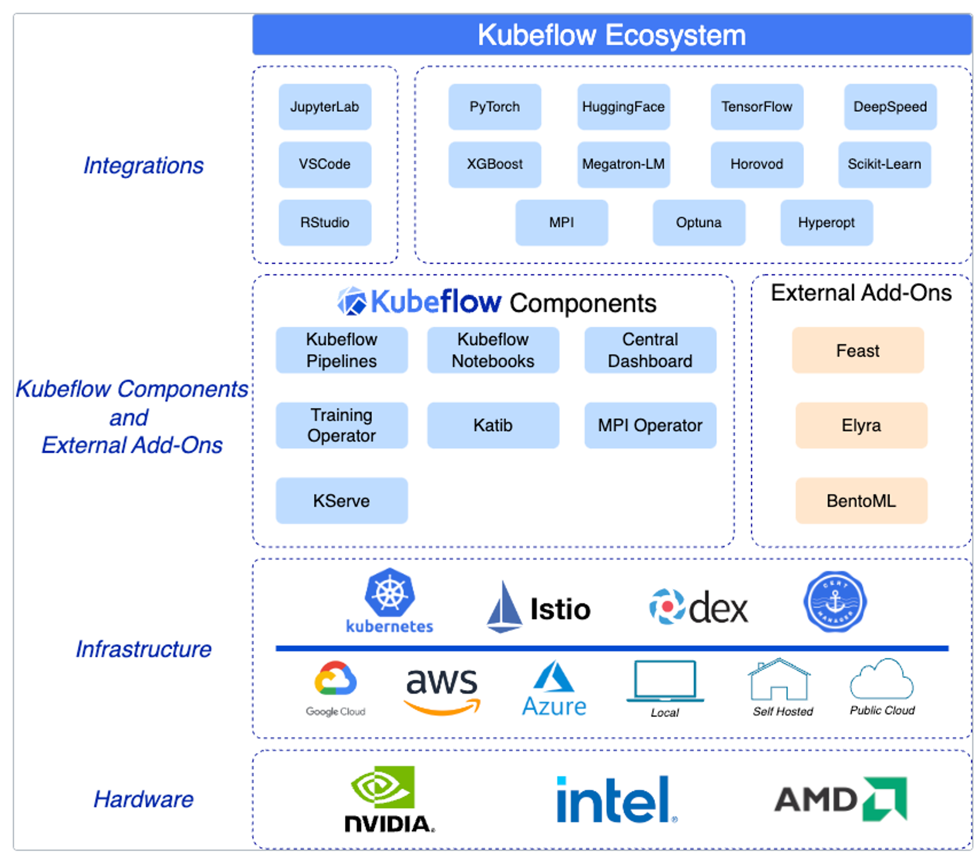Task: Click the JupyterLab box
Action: [324, 106]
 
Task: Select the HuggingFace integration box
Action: [623, 106]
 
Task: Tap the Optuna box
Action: [698, 222]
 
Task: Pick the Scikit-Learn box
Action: [884, 164]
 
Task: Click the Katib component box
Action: [492, 425]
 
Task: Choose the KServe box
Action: [342, 500]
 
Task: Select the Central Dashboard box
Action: [650, 350]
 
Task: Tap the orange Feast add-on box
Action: [857, 350]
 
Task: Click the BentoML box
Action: [861, 500]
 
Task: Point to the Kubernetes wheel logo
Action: [390, 593]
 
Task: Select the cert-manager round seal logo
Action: [835, 601]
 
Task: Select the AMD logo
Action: [840, 799]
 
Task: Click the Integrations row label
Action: [143, 165]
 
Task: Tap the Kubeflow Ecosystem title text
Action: [612, 35]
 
